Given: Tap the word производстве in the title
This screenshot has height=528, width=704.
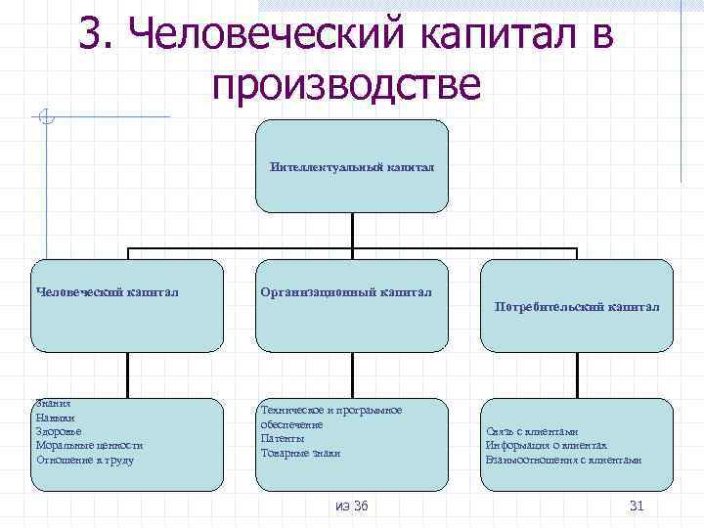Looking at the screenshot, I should tap(345, 84).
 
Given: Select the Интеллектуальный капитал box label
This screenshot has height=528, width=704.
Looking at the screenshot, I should tap(352, 167).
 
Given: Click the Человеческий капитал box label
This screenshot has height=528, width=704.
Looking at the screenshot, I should tap(107, 290).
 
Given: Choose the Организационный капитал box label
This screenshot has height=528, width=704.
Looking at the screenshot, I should tap(346, 290).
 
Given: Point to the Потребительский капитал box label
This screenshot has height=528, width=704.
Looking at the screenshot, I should tap(577, 307).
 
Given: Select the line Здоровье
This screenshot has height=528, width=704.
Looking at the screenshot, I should tap(59, 431).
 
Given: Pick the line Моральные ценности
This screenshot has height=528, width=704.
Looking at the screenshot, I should tap(89, 445).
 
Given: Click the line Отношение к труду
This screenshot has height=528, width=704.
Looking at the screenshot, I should tap(85, 460).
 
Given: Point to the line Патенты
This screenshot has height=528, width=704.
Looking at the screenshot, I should tap(283, 439).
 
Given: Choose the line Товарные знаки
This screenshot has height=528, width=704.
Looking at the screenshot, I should tap(299, 453).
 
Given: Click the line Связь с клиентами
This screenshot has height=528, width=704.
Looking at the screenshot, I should tap(532, 431).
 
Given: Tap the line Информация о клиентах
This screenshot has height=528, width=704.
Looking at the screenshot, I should tap(546, 445).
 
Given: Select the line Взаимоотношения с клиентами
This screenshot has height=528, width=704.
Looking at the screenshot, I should tap(562, 460).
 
